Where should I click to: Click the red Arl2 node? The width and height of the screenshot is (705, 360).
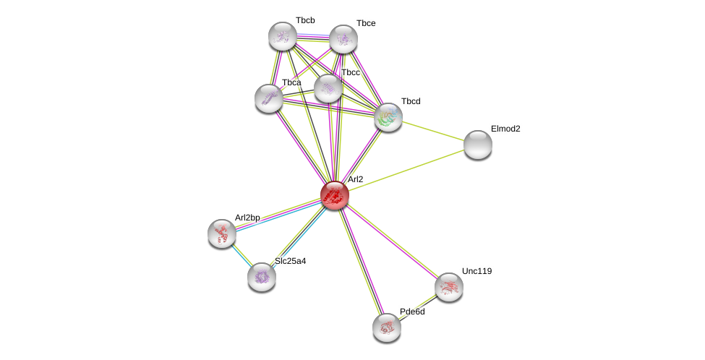(x=335, y=195)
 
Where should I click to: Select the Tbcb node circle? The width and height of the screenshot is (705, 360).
(x=283, y=36)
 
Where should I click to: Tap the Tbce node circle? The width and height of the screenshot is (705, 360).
(x=343, y=39)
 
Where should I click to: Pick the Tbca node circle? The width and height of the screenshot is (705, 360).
(x=269, y=98)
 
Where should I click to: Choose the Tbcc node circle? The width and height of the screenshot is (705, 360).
(x=328, y=88)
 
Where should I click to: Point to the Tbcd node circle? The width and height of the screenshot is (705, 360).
(x=388, y=117)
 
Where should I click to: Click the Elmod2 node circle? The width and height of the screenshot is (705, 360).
(x=478, y=145)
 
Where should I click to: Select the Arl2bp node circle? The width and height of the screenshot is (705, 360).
(x=222, y=233)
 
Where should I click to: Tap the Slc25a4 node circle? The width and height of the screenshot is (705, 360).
(x=262, y=277)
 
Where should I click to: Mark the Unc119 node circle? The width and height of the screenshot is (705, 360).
(x=449, y=287)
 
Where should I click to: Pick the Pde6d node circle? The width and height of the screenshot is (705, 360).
(x=387, y=327)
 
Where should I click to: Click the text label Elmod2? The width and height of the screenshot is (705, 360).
(x=505, y=129)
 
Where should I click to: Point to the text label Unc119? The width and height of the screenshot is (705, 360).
(x=477, y=271)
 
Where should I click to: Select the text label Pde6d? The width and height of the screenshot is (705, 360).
(x=412, y=312)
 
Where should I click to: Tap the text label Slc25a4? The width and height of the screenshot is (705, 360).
(x=290, y=261)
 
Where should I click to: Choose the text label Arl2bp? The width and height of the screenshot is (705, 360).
(x=247, y=218)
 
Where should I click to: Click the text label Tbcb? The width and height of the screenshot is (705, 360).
(x=305, y=20)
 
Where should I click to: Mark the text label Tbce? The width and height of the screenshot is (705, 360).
(x=366, y=23)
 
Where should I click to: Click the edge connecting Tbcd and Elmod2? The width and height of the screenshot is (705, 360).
(x=433, y=131)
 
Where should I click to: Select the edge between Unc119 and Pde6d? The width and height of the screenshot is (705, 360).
(x=418, y=307)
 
